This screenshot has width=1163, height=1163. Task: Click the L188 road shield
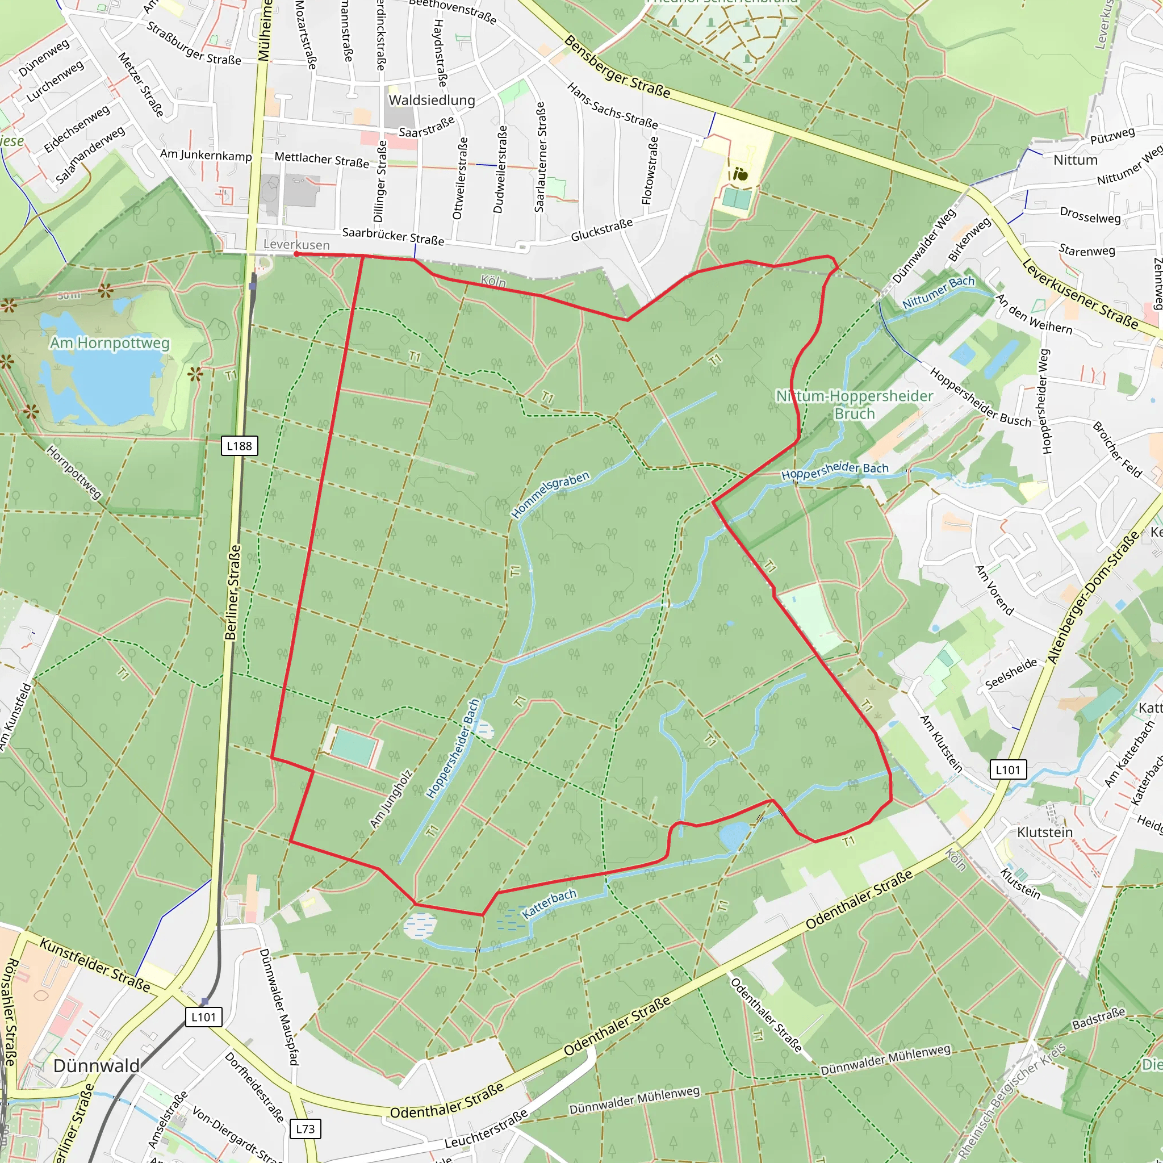pos(239,445)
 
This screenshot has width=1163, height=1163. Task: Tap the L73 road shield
pos(305,1128)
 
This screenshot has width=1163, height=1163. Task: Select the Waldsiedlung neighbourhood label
pos(432,100)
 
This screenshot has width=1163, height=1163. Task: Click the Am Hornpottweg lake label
pos(110,343)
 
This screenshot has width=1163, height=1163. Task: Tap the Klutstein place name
pos(1044,832)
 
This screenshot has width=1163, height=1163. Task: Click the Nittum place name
pos(1075,160)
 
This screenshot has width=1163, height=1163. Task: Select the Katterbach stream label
pos(549,904)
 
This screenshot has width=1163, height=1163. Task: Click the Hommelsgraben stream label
pos(550,495)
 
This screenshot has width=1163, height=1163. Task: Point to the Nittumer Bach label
pos(938,292)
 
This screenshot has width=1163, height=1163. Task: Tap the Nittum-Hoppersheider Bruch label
pos(854,404)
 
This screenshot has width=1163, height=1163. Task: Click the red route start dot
pos(296,254)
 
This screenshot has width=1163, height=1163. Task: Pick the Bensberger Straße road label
pos(617,66)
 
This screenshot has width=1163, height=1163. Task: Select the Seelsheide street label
pos(1011,673)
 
